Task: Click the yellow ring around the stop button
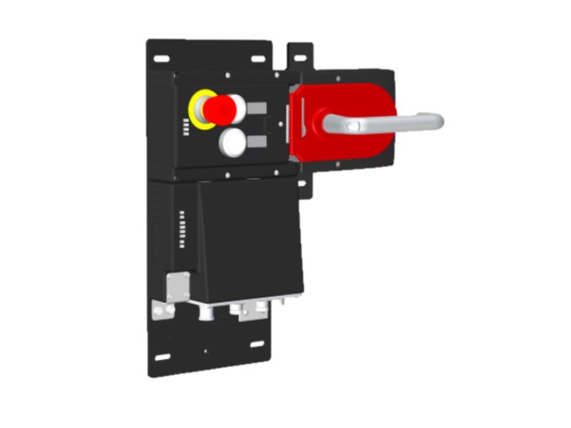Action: (x=198, y=110)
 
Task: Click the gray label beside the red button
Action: (x=256, y=108)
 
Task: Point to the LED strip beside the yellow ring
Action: (x=184, y=127)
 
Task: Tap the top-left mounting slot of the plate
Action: (x=162, y=59)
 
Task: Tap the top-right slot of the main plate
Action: (x=256, y=60)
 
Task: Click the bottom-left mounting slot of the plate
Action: (x=162, y=357)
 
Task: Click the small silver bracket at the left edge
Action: (x=162, y=309)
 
